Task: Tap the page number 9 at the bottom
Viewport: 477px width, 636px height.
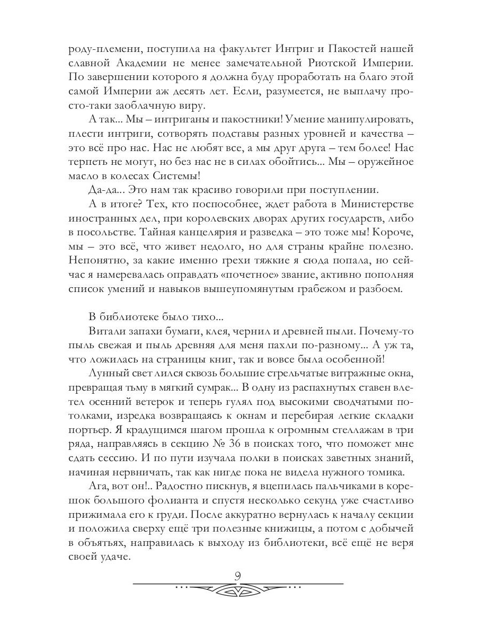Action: click(238, 575)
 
